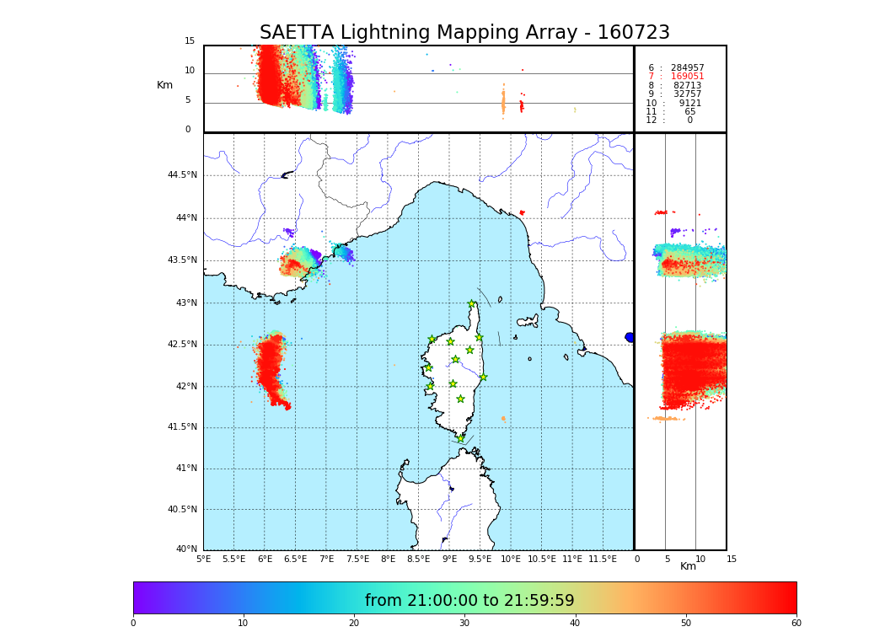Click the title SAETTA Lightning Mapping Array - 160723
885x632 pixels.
[x=464, y=33]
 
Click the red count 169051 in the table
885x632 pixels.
[x=687, y=77]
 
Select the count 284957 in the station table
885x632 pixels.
[x=687, y=68]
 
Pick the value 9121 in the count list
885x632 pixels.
[x=689, y=103]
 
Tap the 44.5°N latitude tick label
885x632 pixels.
[x=182, y=175]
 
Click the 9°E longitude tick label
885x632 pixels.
[x=449, y=559]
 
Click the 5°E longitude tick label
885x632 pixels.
[x=204, y=559]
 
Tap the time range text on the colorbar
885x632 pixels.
[x=469, y=601]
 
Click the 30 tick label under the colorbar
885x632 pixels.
[x=464, y=624]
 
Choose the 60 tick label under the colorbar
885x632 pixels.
[x=796, y=624]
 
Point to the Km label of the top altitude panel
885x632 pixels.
[x=164, y=85]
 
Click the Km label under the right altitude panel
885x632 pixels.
[x=688, y=566]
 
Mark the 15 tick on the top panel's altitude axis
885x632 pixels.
[x=190, y=41]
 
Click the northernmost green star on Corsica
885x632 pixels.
[x=472, y=304]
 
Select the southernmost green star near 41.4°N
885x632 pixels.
[x=460, y=438]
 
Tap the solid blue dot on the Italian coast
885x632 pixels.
[x=630, y=337]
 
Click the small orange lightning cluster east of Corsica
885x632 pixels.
[x=503, y=418]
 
